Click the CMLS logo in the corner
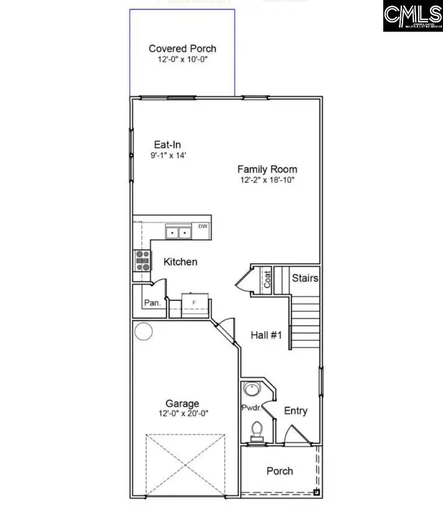412,17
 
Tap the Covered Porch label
182,48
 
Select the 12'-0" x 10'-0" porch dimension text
182,60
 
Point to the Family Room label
267,169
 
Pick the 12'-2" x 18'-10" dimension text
267,180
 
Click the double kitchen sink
179,233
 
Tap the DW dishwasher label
203,226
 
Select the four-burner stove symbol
142,259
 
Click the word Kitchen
180,262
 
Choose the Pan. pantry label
152,303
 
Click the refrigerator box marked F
194,302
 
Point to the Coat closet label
268,278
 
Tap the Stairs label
305,278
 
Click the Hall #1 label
266,335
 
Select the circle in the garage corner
144,332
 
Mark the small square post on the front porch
316,492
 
